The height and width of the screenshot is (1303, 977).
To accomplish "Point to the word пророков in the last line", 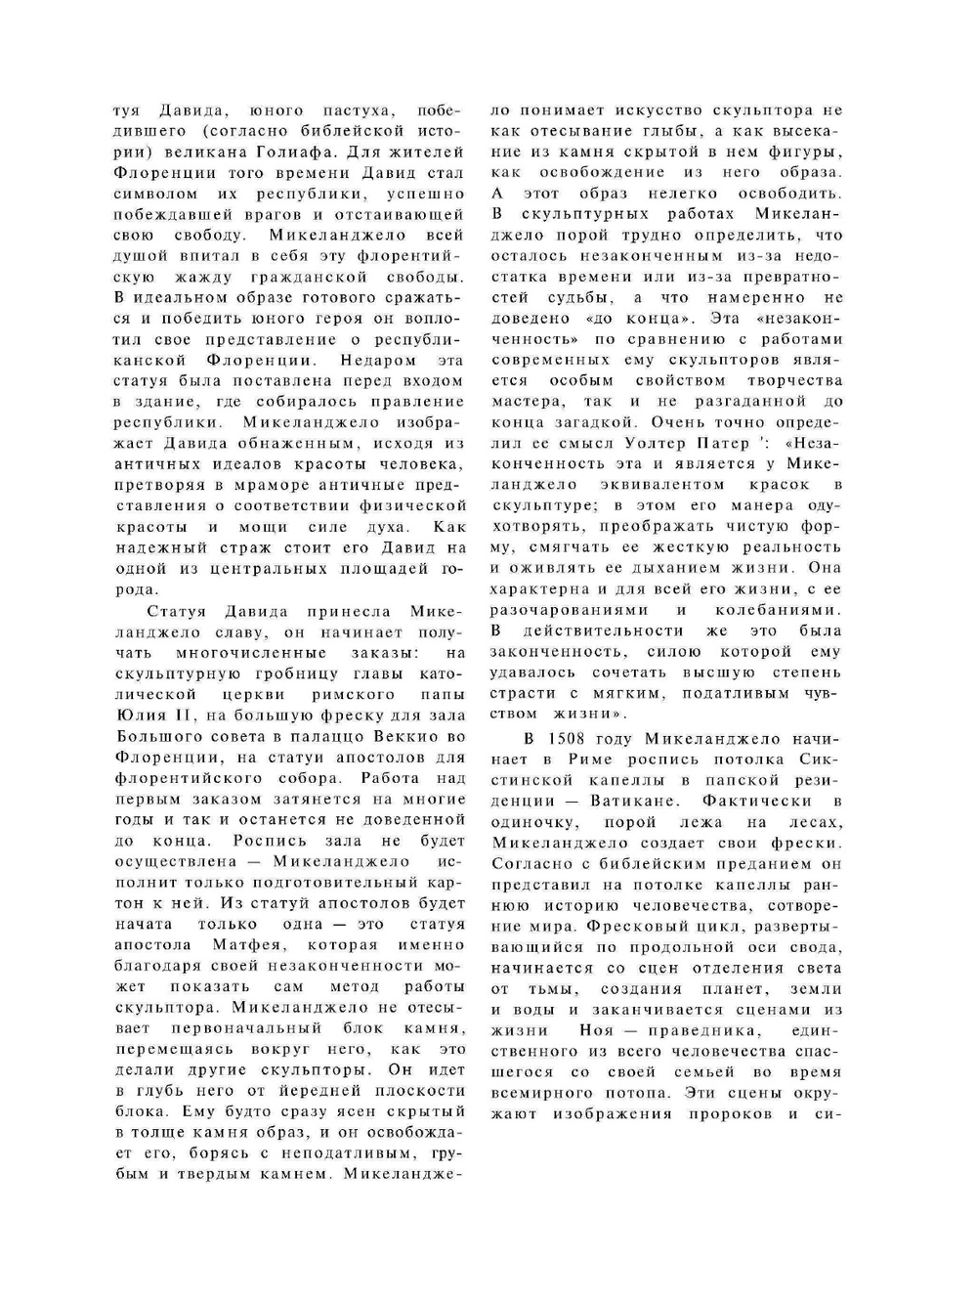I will pyautogui.click(x=731, y=1113).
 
